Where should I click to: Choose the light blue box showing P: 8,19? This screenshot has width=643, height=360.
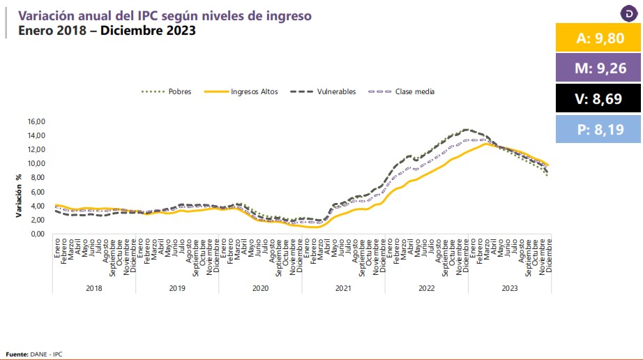pos(598,128)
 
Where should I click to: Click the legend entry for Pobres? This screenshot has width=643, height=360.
pos(172,91)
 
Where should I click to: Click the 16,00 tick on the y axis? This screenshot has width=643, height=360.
pos(36,121)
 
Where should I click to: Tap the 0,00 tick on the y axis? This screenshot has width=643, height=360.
pos(38,234)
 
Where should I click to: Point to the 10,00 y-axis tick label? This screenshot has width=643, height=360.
pos(36,164)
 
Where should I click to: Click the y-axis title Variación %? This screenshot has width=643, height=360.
pos(20,195)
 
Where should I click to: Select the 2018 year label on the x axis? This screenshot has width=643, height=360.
pos(93,287)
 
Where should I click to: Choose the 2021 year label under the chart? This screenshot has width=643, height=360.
pos(343,287)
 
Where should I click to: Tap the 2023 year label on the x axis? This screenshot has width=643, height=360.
pos(509,287)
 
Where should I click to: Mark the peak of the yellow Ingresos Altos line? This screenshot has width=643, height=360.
pos(486,144)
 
